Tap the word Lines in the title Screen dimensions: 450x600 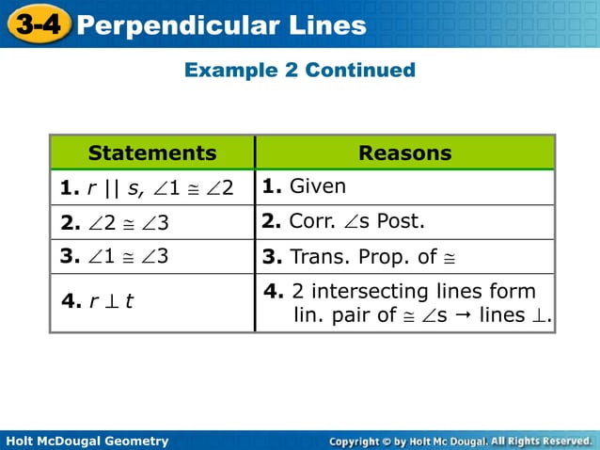coord(324,24)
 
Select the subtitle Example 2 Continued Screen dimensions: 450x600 coord(300,70)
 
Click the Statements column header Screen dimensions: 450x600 coord(152,153)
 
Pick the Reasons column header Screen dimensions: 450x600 coord(405,153)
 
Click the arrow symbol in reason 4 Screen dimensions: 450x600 coord(463,314)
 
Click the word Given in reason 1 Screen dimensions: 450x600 coord(317,186)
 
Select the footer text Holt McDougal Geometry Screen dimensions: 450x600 coord(87,441)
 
